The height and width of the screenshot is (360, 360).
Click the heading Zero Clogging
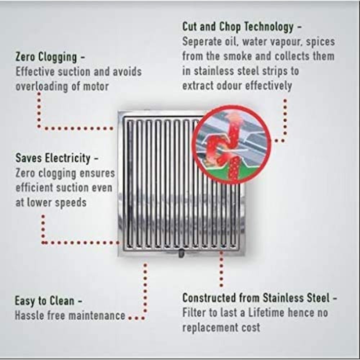46,57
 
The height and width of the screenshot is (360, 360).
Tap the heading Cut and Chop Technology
238,27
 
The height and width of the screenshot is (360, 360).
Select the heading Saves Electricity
53,158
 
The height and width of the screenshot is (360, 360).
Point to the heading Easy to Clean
45,301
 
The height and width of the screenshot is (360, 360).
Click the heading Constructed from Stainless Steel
256,298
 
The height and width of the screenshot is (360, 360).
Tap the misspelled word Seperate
199,41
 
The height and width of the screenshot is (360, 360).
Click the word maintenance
97,315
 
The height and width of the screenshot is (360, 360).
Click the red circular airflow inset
231,145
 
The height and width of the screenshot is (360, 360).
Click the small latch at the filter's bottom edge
181,253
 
